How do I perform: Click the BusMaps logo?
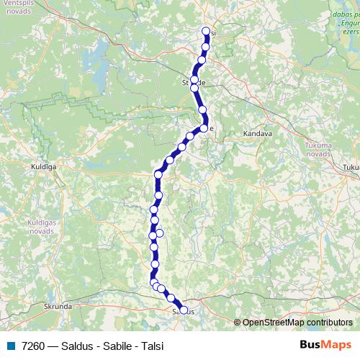pyautogui.click(x=326, y=345)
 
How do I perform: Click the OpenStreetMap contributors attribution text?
pyautogui.click(x=297, y=323)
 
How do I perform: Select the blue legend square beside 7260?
pyautogui.click(x=10, y=346)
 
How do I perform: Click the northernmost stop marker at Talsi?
pyautogui.click(x=207, y=32)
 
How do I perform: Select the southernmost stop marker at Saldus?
pyautogui.click(x=184, y=310)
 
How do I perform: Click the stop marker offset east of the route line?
pyautogui.click(x=160, y=233)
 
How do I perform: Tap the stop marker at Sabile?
pyautogui.click(x=204, y=128)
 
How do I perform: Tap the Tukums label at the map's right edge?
pyautogui.click(x=352, y=167)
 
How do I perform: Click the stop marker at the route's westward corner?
pyautogui.click(x=158, y=174)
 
